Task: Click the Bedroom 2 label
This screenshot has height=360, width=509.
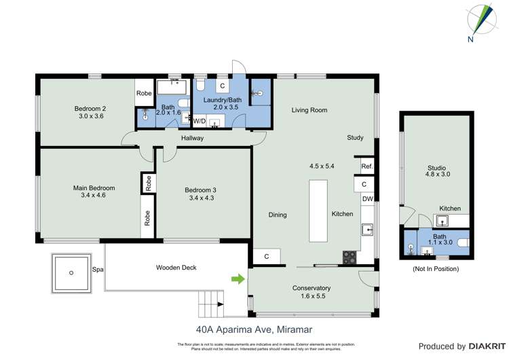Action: [90, 108]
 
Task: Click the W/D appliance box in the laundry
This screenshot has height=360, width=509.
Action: [200, 121]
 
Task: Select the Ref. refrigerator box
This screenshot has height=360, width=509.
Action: [366, 166]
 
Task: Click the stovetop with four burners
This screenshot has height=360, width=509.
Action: [350, 257]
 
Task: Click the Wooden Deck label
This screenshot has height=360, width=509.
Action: [176, 268]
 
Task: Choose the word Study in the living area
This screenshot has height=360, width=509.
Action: [355, 138]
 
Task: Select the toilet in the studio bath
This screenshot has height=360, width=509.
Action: [464, 242]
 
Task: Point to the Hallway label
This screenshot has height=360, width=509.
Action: [192, 139]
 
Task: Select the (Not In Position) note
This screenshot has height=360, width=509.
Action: [436, 269]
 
